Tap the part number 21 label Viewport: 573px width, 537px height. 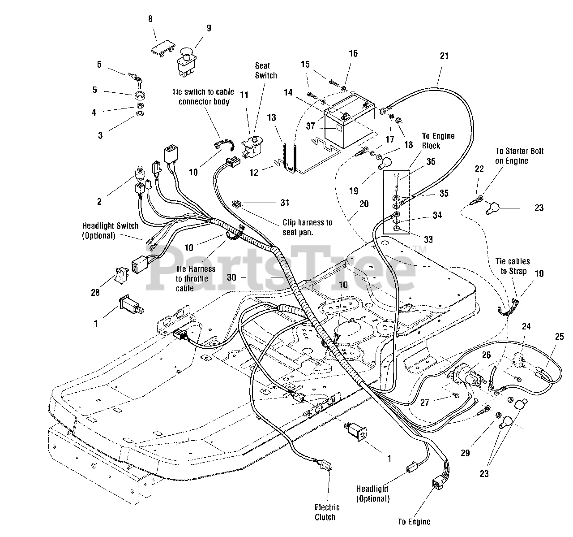coord(444,56)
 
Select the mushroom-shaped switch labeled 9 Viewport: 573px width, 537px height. coord(187,63)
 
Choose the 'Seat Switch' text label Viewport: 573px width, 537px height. coord(266,70)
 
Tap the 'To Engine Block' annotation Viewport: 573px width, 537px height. coord(438,141)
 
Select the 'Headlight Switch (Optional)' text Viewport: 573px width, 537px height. coord(110,231)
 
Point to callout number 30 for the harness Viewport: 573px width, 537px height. coord(231,277)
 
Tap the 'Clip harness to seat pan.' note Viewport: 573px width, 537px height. coord(307,227)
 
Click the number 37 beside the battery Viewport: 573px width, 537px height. coord(310,126)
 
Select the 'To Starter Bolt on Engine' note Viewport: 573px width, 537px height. coord(519,156)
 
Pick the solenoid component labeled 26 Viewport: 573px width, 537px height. coord(465,376)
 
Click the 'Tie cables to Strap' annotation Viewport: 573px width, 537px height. coord(513,266)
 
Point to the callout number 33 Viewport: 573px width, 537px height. coord(428,239)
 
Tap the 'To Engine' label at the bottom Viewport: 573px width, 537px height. coord(414,522)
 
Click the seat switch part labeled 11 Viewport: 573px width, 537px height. coord(252,147)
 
